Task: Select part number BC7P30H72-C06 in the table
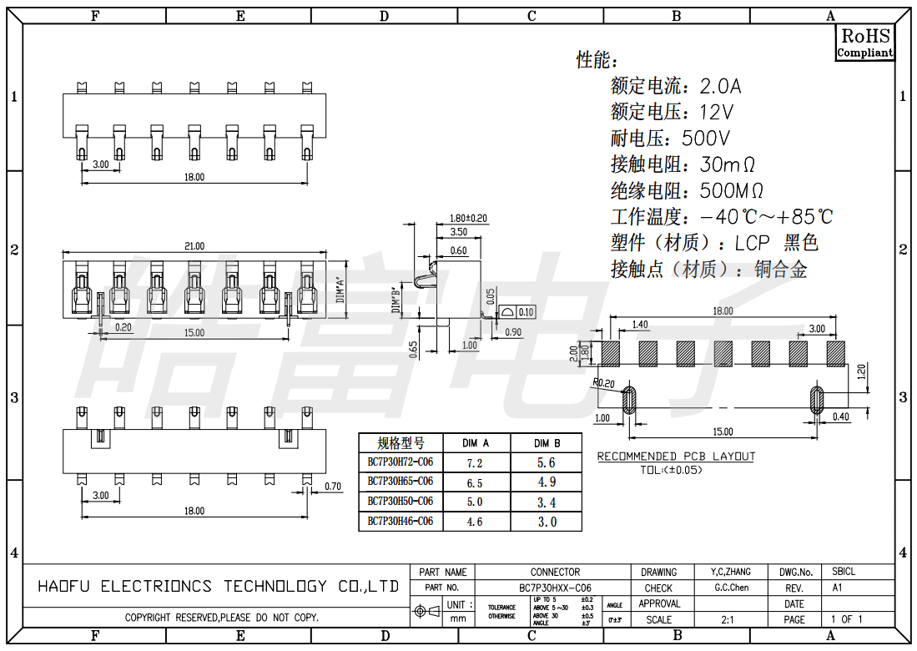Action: pyautogui.click(x=401, y=462)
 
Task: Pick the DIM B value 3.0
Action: pyautogui.click(x=547, y=522)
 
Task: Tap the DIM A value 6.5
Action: pyautogui.click(x=475, y=482)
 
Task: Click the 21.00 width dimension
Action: pyautogui.click(x=194, y=246)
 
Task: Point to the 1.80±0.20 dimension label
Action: pyautogui.click(x=468, y=218)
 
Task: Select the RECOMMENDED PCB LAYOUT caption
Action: pyautogui.click(x=676, y=457)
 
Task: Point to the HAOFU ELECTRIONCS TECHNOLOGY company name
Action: pyautogui.click(x=219, y=587)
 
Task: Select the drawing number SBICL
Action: pyautogui.click(x=844, y=572)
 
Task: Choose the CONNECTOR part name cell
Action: pyautogui.click(x=555, y=572)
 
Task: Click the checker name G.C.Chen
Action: pyautogui.click(x=731, y=588)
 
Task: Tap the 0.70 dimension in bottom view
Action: pyautogui.click(x=332, y=487)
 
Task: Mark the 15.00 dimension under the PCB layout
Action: pyautogui.click(x=723, y=431)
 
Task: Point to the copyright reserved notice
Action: pyautogui.click(x=222, y=618)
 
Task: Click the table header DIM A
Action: pyautogui.click(x=475, y=442)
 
